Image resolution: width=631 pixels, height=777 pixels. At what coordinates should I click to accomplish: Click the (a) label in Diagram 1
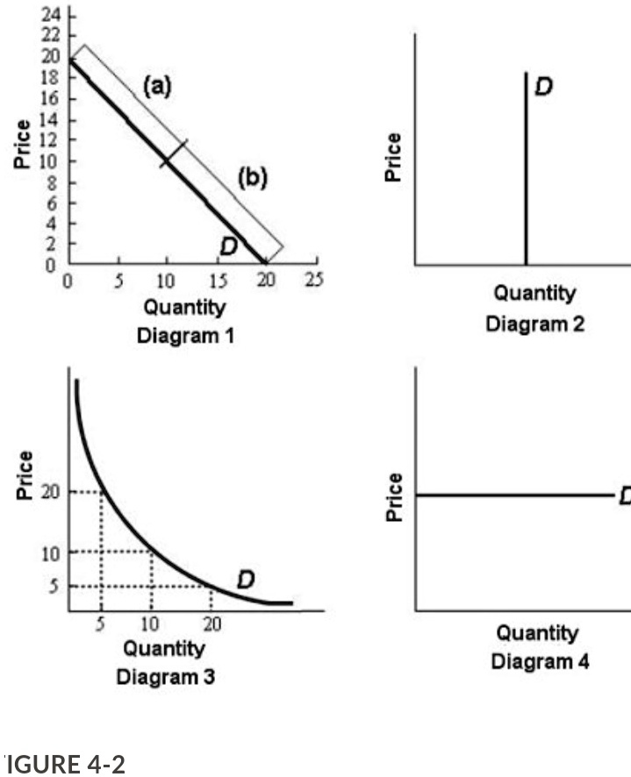pos(158,86)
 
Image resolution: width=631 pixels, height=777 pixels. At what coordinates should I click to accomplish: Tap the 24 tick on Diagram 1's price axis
pos(52,16)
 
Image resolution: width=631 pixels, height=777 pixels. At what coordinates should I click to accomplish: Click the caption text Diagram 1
pos(184,335)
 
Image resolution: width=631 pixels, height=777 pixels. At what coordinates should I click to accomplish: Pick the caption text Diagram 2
pos(522,324)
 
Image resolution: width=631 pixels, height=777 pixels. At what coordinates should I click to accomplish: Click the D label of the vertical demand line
pos(543,87)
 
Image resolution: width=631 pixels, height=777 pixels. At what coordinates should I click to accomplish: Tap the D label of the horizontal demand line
pos(624,496)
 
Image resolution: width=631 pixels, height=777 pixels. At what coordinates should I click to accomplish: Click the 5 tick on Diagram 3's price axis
pos(54,587)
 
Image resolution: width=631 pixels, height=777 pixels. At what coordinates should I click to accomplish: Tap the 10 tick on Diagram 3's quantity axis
pos(151,624)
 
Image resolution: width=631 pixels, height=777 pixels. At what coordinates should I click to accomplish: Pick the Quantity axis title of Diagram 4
pos(536,632)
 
